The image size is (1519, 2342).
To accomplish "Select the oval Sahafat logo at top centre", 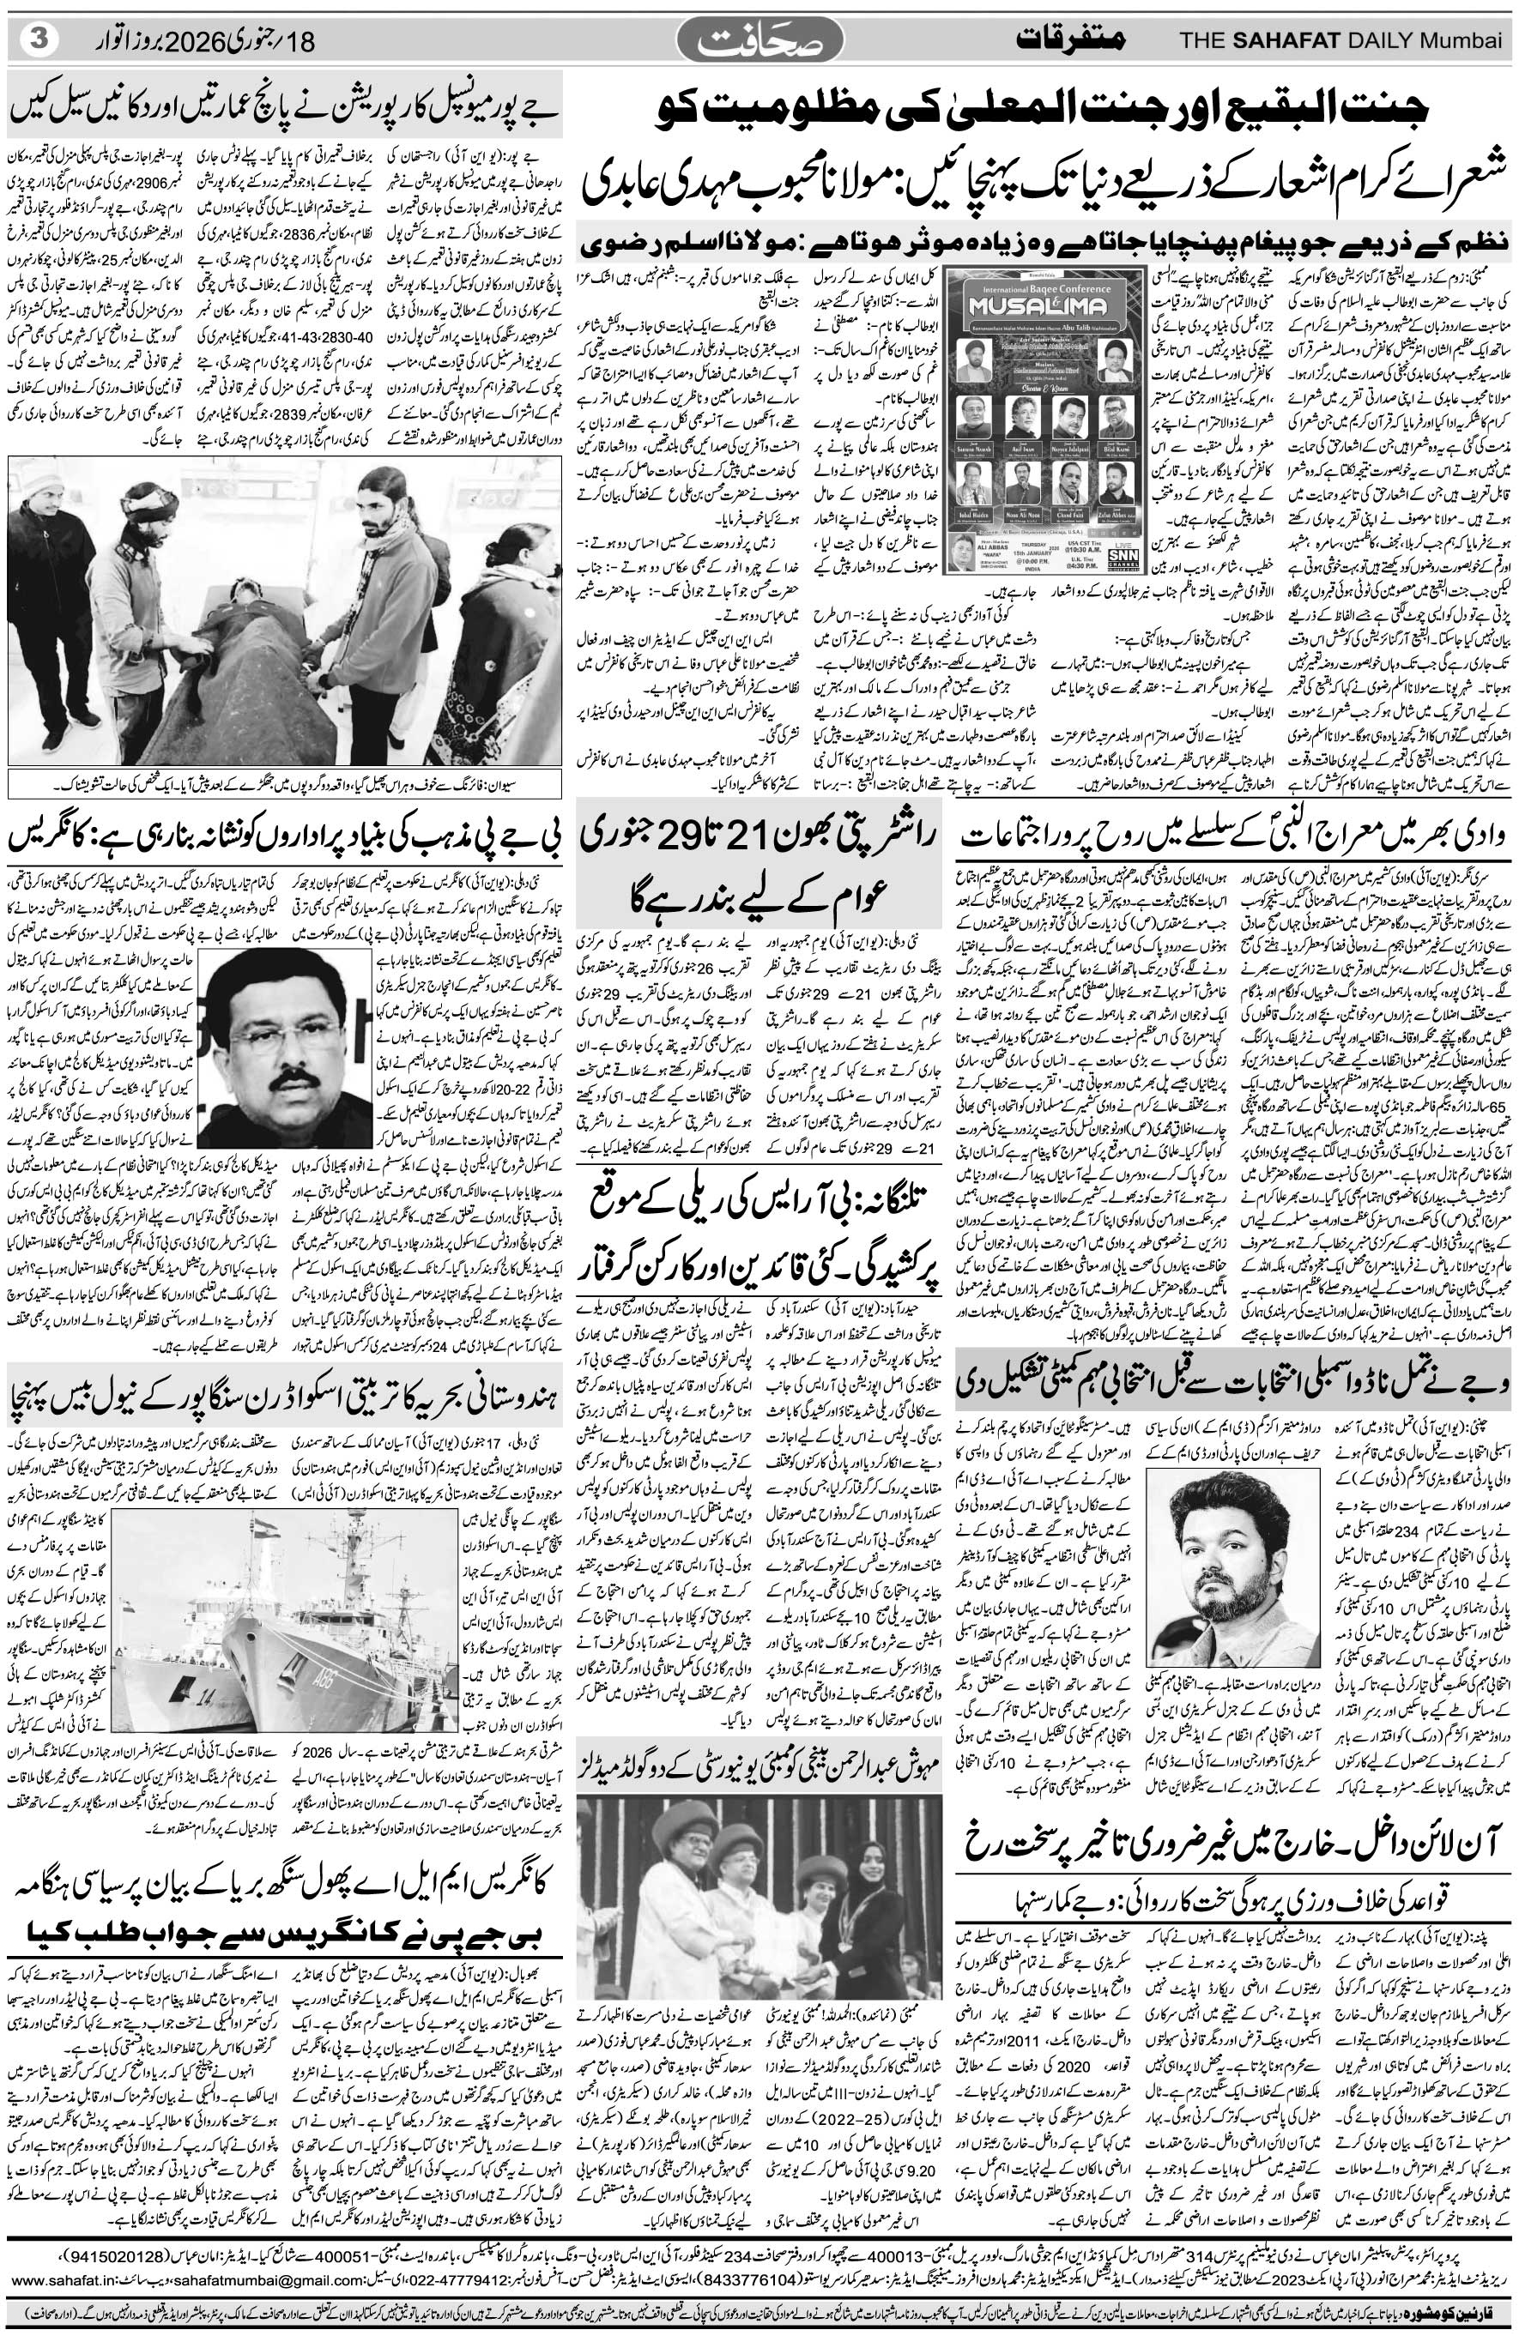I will point(760,39).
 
